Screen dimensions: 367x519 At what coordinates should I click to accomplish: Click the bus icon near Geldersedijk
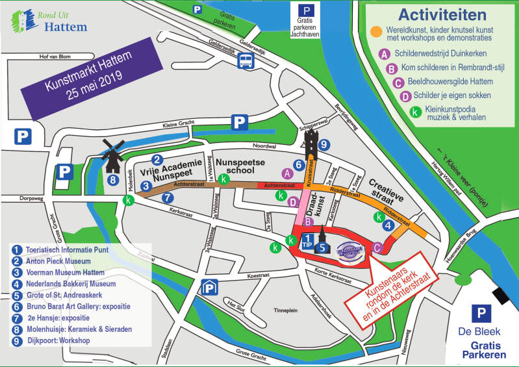pos(246,62)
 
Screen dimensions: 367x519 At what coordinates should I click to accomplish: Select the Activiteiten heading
pos(442,14)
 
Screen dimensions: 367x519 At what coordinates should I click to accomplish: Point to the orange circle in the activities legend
pos(376,31)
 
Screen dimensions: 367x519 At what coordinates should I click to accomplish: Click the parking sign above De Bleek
pos(481,314)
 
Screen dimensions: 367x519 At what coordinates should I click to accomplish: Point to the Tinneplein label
pos(288,310)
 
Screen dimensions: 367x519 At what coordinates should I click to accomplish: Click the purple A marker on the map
pos(286,173)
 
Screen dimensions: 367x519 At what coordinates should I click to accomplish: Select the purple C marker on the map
pos(377,246)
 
